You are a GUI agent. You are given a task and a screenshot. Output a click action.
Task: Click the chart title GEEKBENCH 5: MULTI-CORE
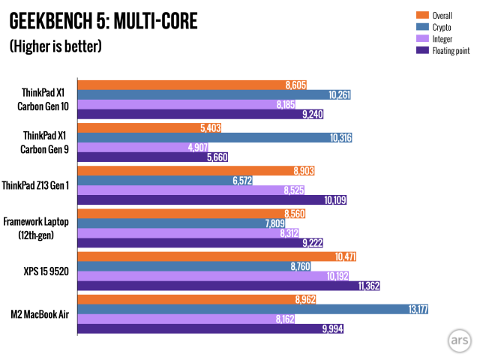click(103, 21)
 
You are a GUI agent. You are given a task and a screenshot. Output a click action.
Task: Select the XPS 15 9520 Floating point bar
click(217, 286)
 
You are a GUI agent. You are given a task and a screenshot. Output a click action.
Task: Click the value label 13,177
click(415, 310)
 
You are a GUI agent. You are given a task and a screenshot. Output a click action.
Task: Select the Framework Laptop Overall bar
click(195, 213)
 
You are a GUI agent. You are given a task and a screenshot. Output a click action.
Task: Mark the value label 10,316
click(339, 137)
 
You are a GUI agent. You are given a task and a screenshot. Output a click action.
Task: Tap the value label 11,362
click(370, 286)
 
